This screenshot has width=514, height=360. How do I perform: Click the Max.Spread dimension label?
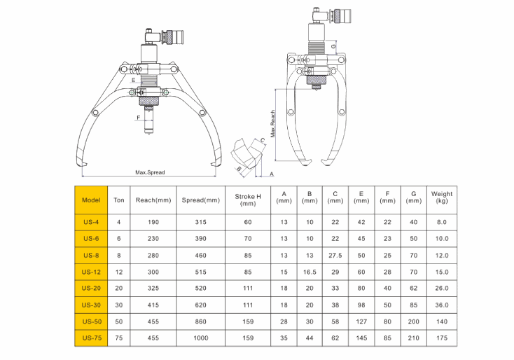coord(150,171)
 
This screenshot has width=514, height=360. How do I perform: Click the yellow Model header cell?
coord(91,200)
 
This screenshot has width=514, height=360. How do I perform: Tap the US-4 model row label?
coord(91,222)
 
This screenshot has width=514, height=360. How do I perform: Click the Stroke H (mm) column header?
coord(247,199)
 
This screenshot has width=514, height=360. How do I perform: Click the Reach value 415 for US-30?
coord(153,305)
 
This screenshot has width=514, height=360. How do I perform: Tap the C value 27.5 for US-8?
coord(335,255)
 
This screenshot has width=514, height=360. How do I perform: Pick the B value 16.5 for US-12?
coord(310,272)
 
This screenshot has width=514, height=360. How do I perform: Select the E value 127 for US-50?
coord(361,321)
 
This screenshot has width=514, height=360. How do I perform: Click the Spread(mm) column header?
coord(201,200)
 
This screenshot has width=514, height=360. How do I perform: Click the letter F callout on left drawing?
coord(139,118)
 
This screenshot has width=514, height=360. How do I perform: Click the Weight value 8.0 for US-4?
coord(441,222)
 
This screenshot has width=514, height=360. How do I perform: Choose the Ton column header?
coord(118,200)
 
